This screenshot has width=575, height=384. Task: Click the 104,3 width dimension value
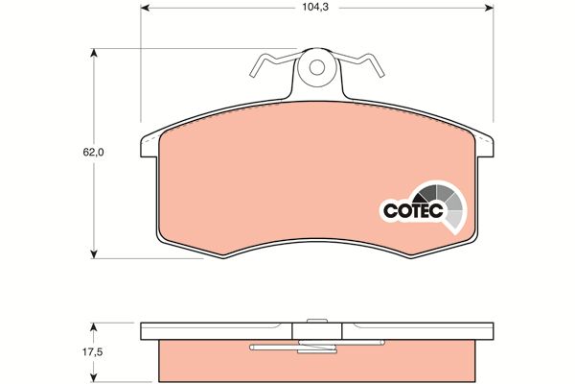tap(310, 7)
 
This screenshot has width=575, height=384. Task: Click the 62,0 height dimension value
tap(93, 152)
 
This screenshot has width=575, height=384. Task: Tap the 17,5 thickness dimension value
tap(93, 352)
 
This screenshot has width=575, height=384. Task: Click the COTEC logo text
tap(413, 211)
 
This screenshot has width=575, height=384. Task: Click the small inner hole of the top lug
tap(317, 67)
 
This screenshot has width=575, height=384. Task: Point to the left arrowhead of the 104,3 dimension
tap(145, 8)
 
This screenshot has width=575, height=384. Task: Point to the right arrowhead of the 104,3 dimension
tap(489, 8)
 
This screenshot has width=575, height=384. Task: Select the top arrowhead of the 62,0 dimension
tap(94, 53)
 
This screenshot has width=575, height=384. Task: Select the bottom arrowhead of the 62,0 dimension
tap(94, 253)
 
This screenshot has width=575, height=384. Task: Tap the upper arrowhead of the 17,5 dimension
tap(94, 327)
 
